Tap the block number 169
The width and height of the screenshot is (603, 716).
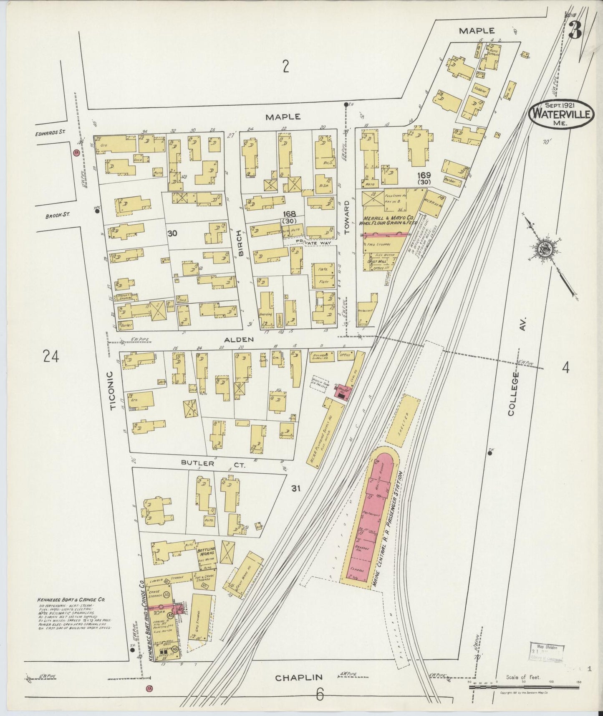coord(426,175)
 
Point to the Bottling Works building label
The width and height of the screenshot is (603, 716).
coord(206,551)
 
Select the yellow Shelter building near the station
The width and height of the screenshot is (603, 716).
coord(403,419)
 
